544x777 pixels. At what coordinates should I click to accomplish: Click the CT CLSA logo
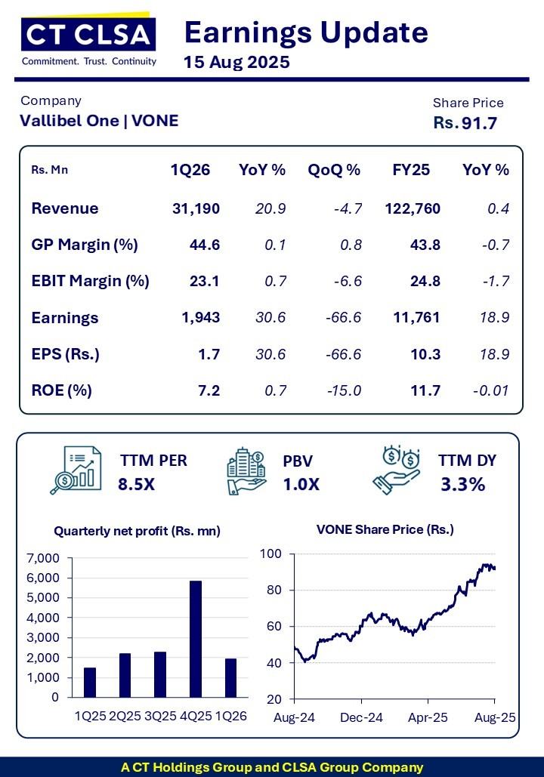click(89, 42)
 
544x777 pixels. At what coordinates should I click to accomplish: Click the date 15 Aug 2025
click(236, 63)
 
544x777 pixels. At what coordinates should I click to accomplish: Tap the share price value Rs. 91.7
click(465, 123)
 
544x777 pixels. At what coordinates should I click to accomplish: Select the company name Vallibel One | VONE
click(99, 120)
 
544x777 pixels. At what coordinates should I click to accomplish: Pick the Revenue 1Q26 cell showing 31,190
click(196, 208)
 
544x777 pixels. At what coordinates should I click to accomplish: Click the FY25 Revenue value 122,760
click(413, 208)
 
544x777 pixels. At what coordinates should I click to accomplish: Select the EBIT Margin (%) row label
click(90, 282)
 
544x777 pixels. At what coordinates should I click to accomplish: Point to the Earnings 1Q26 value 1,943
click(200, 318)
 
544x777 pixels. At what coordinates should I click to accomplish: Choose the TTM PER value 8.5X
click(136, 484)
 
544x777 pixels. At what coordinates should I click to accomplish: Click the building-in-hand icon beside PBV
click(246, 472)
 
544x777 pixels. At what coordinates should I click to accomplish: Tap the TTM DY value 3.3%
click(462, 484)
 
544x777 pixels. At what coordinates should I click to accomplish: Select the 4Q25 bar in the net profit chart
click(196, 639)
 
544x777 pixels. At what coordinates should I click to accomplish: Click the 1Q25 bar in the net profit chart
click(90, 683)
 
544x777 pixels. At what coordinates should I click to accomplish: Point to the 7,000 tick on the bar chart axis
click(42, 558)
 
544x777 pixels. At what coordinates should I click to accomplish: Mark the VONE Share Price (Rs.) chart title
click(385, 529)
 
